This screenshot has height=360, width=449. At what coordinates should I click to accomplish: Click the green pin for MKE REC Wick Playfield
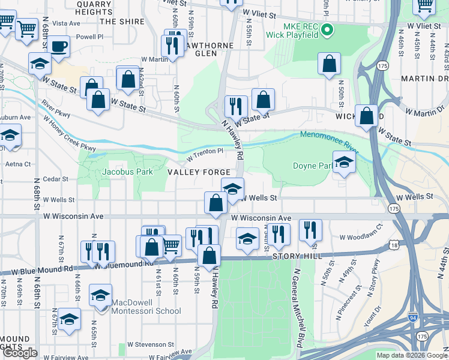click(327, 29)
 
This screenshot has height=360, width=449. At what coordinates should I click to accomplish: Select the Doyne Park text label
click(312, 166)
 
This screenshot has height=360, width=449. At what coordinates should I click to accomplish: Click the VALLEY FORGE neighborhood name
click(199, 172)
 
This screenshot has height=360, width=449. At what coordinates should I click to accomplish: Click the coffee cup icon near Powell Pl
click(59, 47)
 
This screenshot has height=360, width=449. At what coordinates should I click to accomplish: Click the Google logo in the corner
click(20, 353)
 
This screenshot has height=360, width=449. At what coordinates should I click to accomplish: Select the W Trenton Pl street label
click(205, 155)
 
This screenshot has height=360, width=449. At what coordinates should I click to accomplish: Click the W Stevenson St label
click(150, 345)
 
